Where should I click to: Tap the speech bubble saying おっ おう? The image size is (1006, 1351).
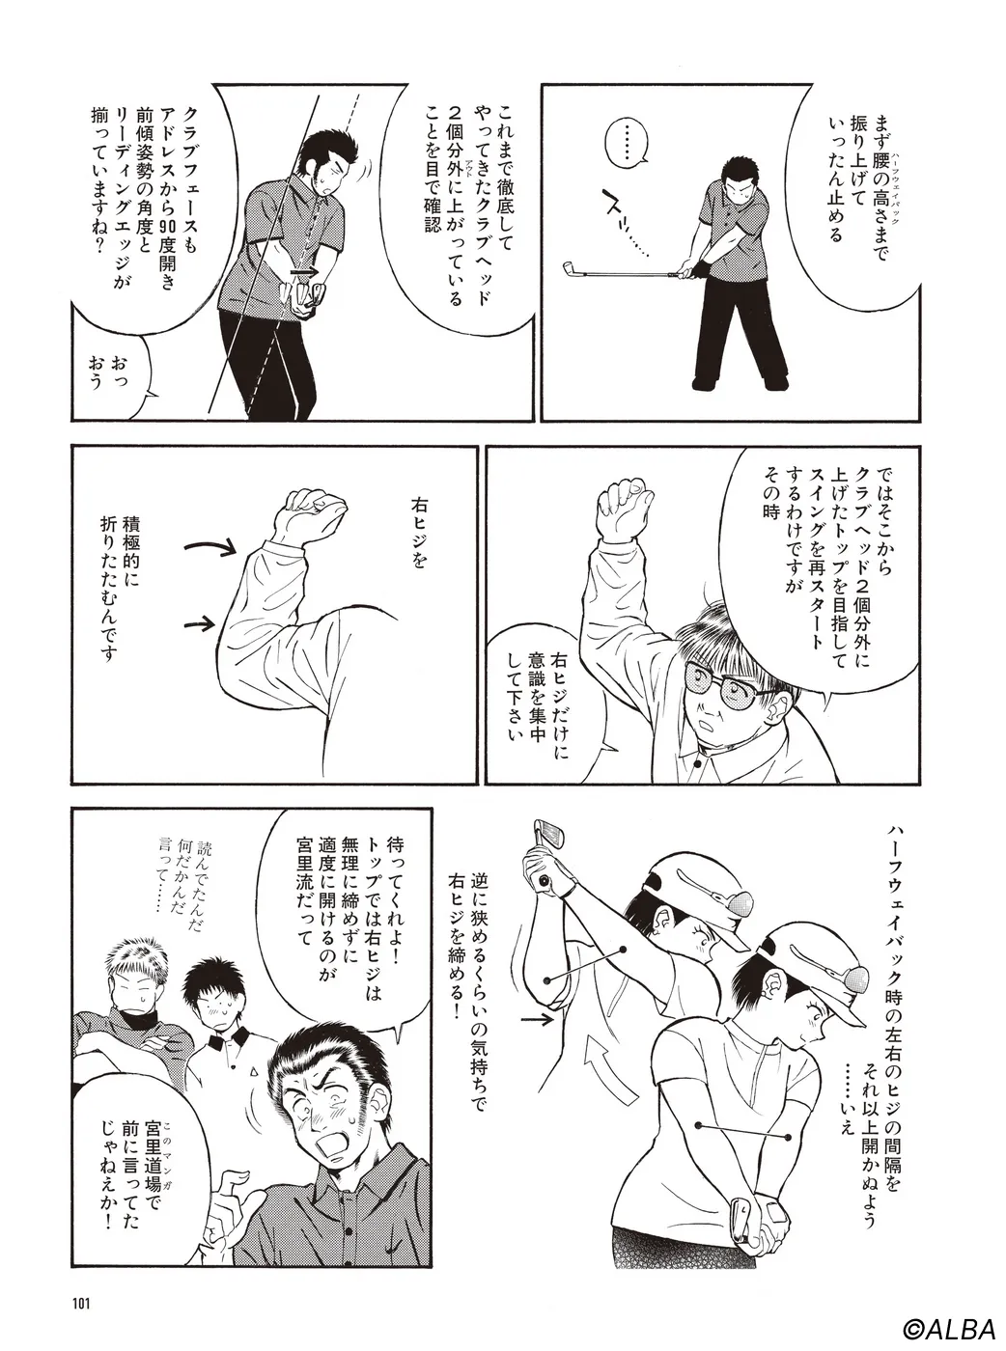coord(113,372)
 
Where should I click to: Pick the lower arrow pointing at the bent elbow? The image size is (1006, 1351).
coord(201,623)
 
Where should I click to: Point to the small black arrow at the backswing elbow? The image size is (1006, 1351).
coord(538,1016)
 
